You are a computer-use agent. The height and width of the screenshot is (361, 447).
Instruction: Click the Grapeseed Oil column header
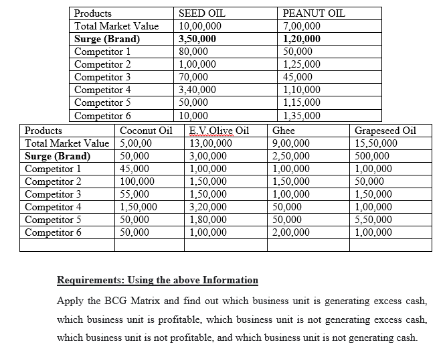(385, 131)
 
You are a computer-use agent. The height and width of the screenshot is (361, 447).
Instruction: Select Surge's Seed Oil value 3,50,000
(198, 39)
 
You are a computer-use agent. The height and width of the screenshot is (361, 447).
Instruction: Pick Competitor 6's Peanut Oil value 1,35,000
(302, 115)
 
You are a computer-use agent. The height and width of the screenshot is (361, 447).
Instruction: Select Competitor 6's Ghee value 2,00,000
(292, 232)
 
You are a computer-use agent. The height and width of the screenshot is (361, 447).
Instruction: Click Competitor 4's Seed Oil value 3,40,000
(198, 90)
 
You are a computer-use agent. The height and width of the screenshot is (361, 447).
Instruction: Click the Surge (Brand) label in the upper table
(107, 39)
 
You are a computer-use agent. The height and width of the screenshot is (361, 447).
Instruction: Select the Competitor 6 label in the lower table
(54, 232)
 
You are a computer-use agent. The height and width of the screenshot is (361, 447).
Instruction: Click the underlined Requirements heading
(157, 280)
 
